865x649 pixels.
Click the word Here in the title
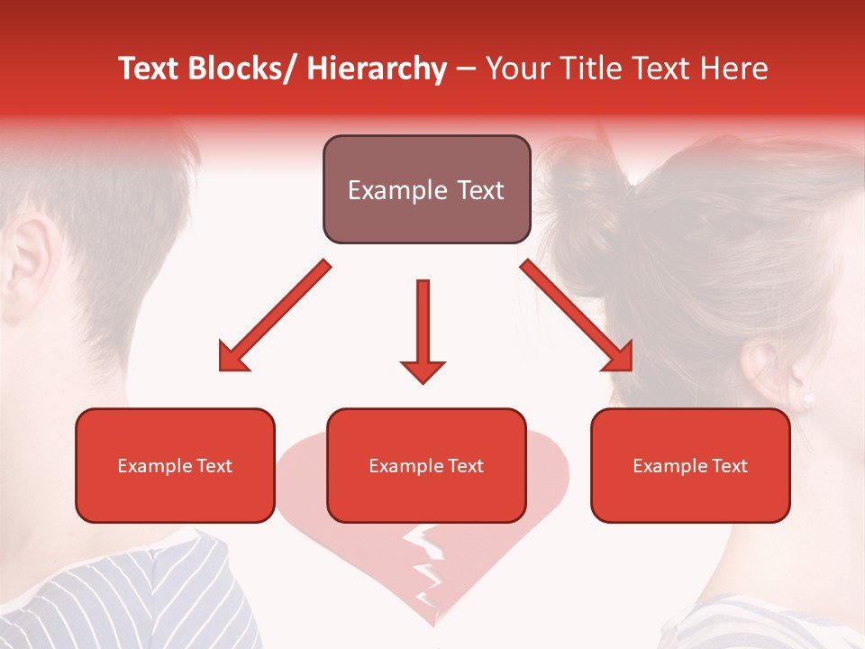tap(735, 69)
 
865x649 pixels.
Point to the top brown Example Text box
tap(426, 190)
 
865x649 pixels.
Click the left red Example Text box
tap(175, 466)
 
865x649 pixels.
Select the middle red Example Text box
tap(426, 466)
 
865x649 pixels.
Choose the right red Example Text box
tap(690, 466)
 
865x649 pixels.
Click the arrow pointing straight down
tap(423, 330)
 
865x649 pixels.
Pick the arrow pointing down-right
tap(577, 315)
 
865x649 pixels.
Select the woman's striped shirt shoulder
tap(775, 622)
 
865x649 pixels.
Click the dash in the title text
tap(466, 70)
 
